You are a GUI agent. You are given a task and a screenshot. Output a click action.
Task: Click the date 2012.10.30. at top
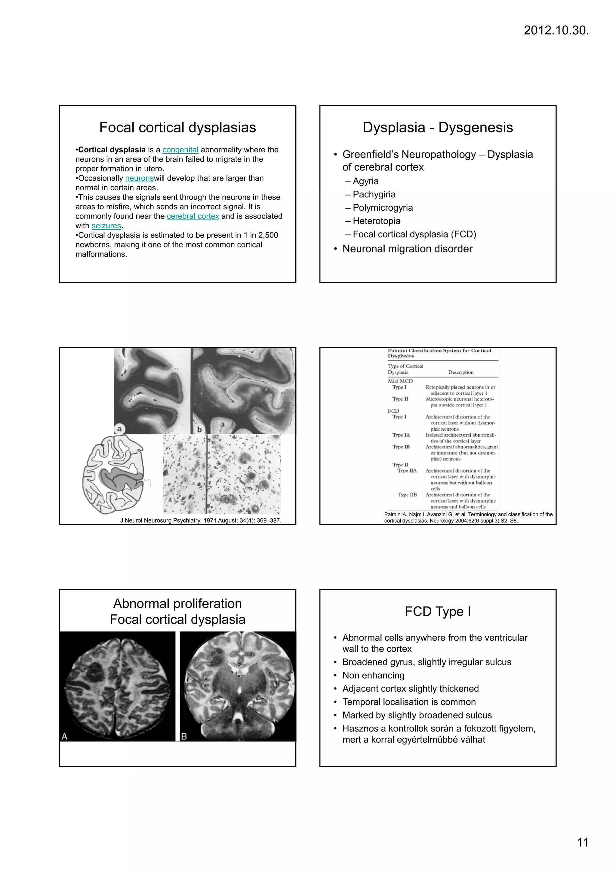[556, 30]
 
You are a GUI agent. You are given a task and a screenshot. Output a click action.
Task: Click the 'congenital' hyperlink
[180, 150]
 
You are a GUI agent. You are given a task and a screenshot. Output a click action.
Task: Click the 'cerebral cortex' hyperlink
[193, 216]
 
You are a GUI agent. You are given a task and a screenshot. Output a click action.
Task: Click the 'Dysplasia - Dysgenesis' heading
[438, 128]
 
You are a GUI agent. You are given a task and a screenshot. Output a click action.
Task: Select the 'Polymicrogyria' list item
[383, 208]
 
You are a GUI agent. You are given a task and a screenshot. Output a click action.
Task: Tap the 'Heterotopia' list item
[376, 221]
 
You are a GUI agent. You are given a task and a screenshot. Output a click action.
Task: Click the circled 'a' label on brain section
[119, 429]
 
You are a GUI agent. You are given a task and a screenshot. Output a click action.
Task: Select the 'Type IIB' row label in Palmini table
[407, 495]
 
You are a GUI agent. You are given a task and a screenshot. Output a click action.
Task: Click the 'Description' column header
[460, 373]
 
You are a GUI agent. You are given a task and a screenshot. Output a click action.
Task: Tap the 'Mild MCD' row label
[400, 381]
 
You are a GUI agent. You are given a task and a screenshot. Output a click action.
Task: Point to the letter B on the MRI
[184, 737]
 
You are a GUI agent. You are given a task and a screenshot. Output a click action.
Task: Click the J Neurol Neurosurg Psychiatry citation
[201, 521]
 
